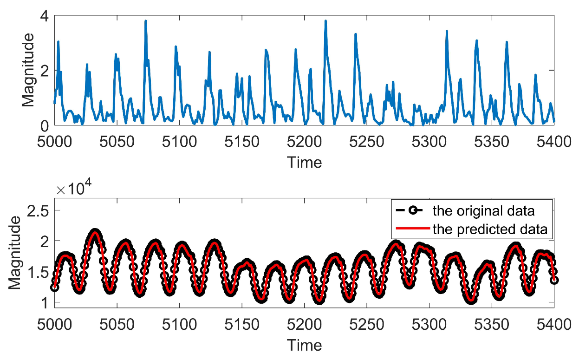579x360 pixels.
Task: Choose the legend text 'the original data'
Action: click(483, 211)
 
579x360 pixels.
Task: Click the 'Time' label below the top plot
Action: click(304, 163)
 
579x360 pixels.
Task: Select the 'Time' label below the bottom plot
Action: click(304, 345)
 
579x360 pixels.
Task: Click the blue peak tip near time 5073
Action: click(146, 21)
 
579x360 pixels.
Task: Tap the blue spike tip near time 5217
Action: click(325, 21)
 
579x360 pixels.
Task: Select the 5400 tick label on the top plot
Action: click(554, 141)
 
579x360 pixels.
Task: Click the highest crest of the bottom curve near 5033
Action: click(95, 232)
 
